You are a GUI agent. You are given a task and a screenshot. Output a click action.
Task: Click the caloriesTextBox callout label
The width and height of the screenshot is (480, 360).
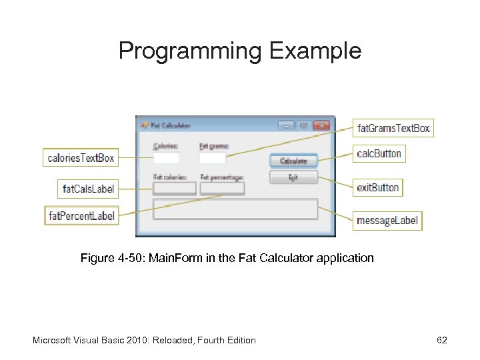click(81, 158)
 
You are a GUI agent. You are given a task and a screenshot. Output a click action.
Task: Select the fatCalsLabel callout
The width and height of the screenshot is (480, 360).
click(88, 189)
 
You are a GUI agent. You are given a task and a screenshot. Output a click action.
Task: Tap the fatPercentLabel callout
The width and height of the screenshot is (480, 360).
click(81, 215)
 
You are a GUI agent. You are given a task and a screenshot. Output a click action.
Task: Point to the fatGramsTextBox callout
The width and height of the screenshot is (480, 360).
click(393, 127)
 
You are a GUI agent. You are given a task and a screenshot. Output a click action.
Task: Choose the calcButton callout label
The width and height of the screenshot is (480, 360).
click(379, 153)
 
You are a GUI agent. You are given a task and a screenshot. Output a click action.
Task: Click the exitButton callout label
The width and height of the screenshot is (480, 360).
click(378, 187)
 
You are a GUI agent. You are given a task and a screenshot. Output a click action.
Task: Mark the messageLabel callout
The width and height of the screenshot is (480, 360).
click(387, 220)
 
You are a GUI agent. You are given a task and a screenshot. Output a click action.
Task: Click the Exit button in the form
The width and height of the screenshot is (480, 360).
click(293, 177)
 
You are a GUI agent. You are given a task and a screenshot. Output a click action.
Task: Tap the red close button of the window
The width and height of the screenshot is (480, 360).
click(321, 125)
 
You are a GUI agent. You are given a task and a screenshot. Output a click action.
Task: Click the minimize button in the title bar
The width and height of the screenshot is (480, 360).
click(287, 125)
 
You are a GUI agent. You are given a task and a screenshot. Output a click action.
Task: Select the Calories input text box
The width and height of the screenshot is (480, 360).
click(166, 158)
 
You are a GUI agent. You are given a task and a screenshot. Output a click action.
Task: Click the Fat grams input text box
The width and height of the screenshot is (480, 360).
click(212, 158)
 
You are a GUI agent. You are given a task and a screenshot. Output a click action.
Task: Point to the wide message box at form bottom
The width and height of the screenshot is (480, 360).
click(235, 209)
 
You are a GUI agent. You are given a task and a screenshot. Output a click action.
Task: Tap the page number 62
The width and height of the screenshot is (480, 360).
click(442, 340)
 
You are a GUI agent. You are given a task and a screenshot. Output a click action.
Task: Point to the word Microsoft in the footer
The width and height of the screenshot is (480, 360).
click(53, 340)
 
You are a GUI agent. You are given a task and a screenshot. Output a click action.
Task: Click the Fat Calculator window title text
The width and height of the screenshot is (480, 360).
click(171, 125)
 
